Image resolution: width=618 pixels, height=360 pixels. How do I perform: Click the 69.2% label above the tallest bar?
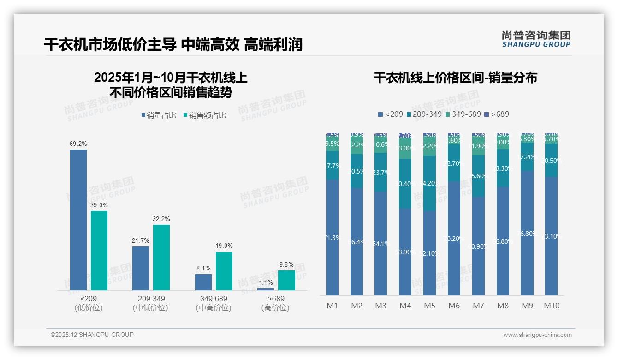(78, 144)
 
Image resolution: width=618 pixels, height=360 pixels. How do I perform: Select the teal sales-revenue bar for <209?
(99, 251)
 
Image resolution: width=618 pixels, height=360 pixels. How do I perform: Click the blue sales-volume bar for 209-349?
(141, 268)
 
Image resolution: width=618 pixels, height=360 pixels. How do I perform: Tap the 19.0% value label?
(224, 246)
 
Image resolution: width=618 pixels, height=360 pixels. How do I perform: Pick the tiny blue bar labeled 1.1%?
(266, 289)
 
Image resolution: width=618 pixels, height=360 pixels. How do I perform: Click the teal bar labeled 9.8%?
(286, 280)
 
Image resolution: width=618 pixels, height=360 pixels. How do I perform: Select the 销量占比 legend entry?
(159, 115)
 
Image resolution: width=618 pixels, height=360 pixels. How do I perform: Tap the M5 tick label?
(429, 306)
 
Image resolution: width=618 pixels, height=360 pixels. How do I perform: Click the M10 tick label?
(551, 306)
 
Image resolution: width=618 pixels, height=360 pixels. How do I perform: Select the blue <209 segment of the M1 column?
(332, 238)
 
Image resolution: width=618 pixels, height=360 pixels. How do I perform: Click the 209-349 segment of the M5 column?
(429, 183)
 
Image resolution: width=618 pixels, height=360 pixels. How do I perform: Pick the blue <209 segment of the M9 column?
(527, 233)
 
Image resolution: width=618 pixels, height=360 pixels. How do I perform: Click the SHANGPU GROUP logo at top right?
(536, 39)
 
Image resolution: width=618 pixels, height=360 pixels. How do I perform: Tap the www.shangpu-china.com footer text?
(537, 335)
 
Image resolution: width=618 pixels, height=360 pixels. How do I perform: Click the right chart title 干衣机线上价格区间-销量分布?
(455, 78)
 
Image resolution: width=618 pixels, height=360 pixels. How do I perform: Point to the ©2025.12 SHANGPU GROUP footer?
(92, 335)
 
